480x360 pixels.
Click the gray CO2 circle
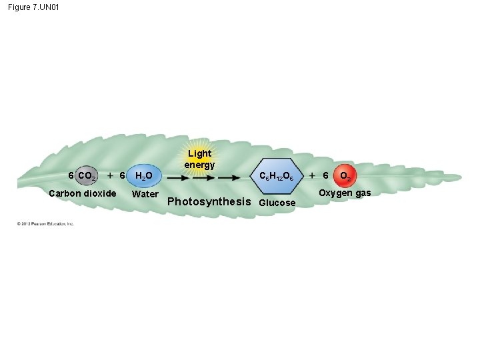tap(87, 176)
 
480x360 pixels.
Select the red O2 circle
tap(345, 176)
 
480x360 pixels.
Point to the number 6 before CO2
tap(72, 176)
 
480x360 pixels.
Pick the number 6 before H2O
tap(121, 175)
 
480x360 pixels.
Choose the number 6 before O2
tap(325, 175)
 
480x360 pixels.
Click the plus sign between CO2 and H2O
tap(109, 175)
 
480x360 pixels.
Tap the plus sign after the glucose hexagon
tap(312, 175)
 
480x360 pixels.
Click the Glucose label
tap(277, 203)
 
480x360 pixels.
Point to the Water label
tap(145, 195)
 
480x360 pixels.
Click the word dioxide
tap(100, 193)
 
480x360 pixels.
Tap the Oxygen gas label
tap(344, 193)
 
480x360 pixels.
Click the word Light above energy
tap(199, 153)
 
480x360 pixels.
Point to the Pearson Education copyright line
tap(46, 223)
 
